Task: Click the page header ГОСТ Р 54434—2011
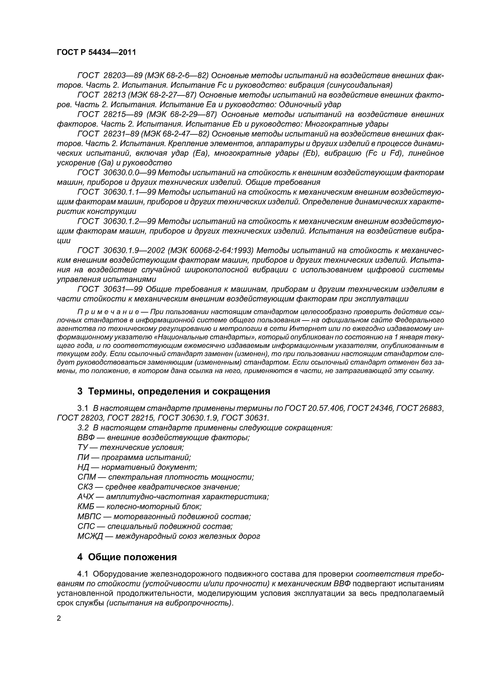point(96,53)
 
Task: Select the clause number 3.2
point(83,428)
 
